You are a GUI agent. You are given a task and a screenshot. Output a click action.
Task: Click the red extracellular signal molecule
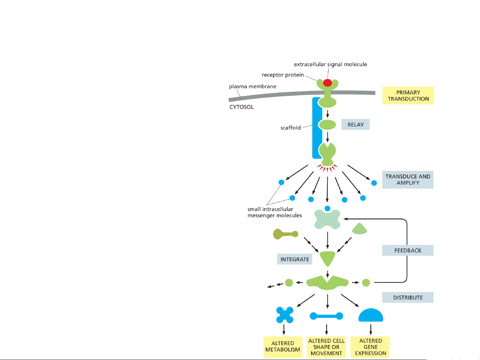tap(327, 83)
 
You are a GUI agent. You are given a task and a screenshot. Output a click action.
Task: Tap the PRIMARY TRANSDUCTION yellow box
tap(408, 96)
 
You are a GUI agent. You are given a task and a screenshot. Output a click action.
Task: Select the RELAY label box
tap(355, 125)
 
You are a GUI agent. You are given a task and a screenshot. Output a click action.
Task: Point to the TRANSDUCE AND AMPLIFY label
tap(408, 180)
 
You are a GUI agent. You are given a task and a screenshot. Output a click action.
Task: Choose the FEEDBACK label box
tap(408, 250)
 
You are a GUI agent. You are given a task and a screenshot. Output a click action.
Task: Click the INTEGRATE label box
tap(294, 259)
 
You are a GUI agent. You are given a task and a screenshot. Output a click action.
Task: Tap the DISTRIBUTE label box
tap(408, 297)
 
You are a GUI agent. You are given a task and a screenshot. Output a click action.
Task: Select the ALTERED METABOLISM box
tap(282, 347)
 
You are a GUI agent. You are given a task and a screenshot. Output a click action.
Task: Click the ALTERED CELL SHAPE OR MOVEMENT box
tap(326, 347)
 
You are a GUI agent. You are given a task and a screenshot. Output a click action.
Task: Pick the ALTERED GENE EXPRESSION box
tap(370, 347)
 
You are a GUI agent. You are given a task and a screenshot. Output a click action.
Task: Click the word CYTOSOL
tap(241, 107)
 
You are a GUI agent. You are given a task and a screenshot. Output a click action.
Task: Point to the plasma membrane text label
tap(252, 87)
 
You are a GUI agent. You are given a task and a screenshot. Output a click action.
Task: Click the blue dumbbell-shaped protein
tap(326, 316)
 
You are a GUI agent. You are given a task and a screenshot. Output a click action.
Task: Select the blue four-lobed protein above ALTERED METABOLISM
tap(285, 315)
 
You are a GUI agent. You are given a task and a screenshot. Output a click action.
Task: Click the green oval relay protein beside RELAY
tap(327, 125)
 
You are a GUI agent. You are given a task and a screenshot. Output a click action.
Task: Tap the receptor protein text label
tap(283, 75)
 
